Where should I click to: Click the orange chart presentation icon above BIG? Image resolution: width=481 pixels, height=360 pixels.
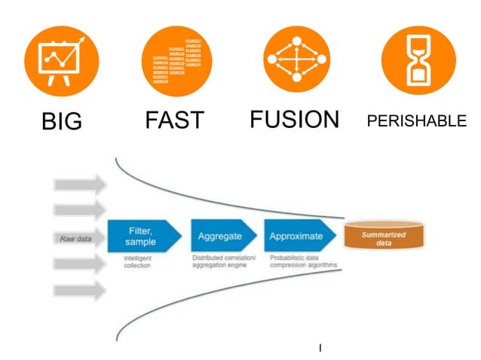click(x=62, y=61)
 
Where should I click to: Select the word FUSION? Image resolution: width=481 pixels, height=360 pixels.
click(x=295, y=120)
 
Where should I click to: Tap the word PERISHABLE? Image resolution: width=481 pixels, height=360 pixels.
click(x=416, y=121)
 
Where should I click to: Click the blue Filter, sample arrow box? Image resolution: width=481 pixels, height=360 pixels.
click(x=143, y=236)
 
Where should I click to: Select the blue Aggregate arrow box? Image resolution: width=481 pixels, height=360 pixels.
click(x=221, y=236)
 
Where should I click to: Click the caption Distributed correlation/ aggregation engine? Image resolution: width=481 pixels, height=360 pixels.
click(x=223, y=261)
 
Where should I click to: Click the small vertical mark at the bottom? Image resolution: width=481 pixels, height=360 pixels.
click(x=320, y=347)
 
